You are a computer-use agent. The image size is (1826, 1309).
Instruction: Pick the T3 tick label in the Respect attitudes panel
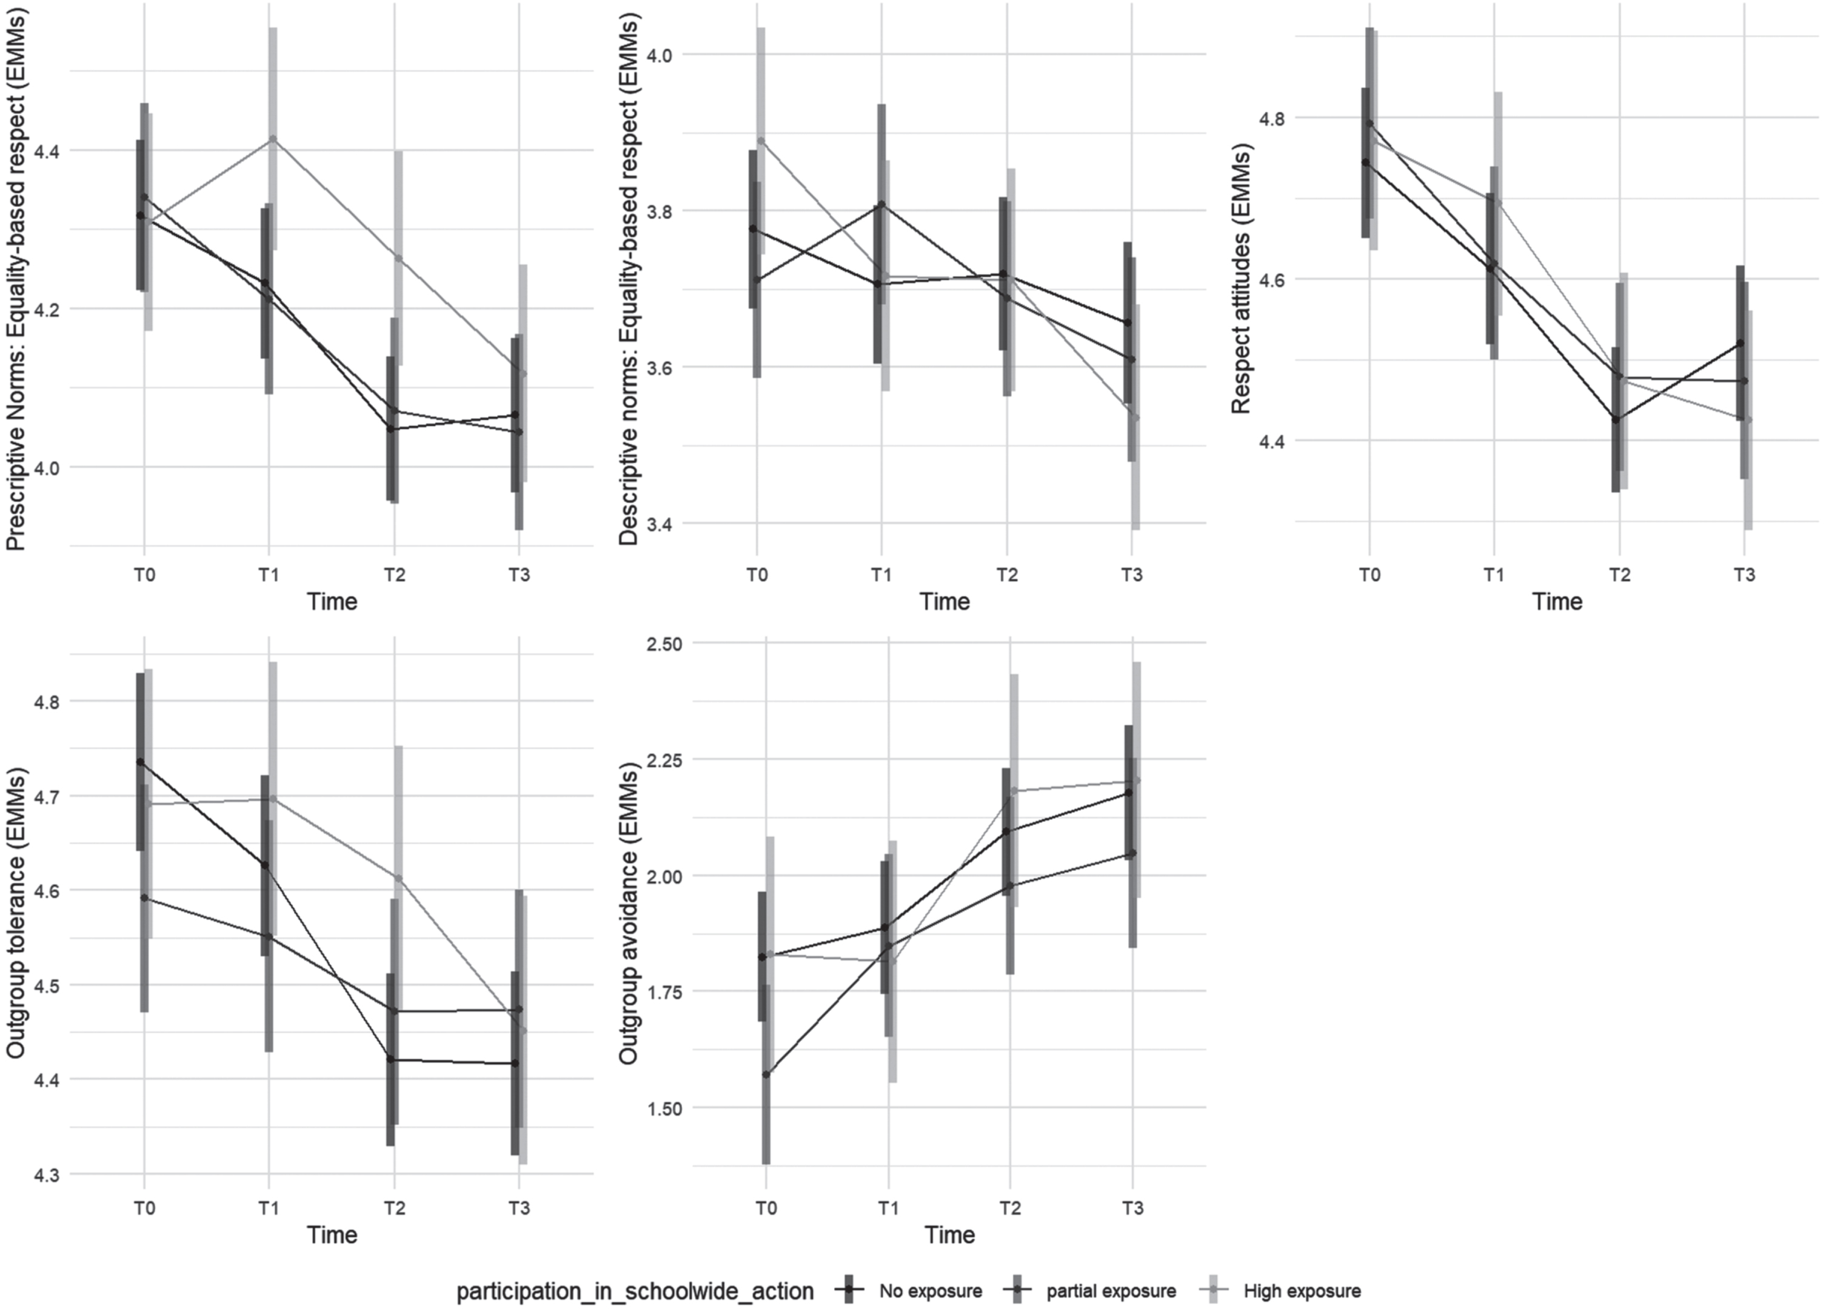1744,575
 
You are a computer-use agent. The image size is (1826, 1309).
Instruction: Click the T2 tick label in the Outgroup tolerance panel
393,1208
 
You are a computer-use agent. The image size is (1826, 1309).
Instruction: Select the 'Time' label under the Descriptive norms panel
945,601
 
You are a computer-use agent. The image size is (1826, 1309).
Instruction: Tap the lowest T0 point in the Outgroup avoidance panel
766,1074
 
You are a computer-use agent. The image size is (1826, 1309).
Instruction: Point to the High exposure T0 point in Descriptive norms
761,141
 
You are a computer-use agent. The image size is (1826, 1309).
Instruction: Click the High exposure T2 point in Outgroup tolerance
398,878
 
